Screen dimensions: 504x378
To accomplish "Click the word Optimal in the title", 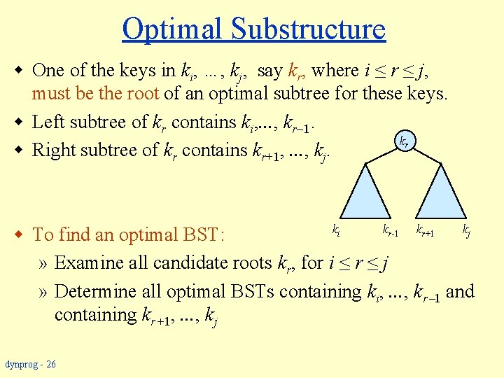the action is click(172, 29).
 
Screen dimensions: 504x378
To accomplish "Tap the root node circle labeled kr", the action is click(404, 142).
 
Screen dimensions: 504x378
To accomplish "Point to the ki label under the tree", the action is click(337, 229).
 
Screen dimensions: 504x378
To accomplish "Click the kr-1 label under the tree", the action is click(390, 230).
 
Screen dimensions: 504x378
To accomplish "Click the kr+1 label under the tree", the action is click(426, 230).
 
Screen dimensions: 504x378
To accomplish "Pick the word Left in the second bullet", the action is click(48, 122).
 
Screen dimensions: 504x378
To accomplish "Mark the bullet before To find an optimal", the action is click(22, 234).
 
